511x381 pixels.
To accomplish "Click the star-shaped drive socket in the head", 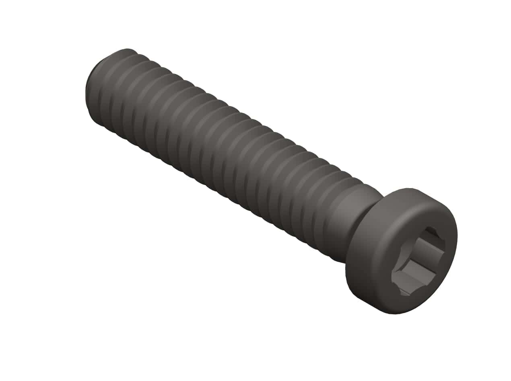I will pyautogui.click(x=418, y=261).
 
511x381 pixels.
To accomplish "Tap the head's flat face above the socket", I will pyautogui.click(x=418, y=217).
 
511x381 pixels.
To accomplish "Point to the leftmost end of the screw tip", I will pyautogui.click(x=86, y=94).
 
